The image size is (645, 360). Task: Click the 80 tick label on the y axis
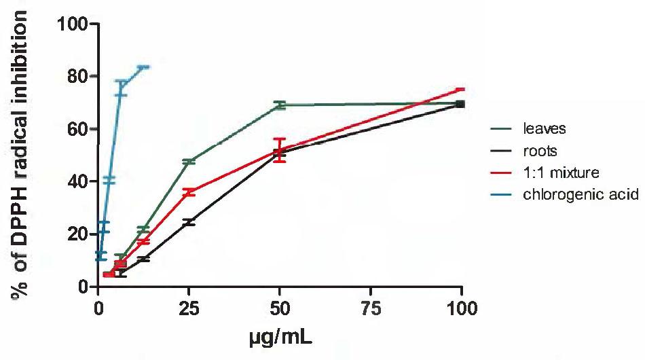click(77, 77)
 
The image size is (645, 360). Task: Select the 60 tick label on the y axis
click(77, 129)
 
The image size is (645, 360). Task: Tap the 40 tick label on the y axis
click(77, 181)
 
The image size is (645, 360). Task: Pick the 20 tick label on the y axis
click(77, 234)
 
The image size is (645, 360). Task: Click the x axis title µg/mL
click(280, 335)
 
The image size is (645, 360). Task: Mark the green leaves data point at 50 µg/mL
click(280, 105)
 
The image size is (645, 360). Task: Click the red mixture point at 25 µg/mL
click(189, 193)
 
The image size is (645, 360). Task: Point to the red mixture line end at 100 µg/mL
click(461, 89)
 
